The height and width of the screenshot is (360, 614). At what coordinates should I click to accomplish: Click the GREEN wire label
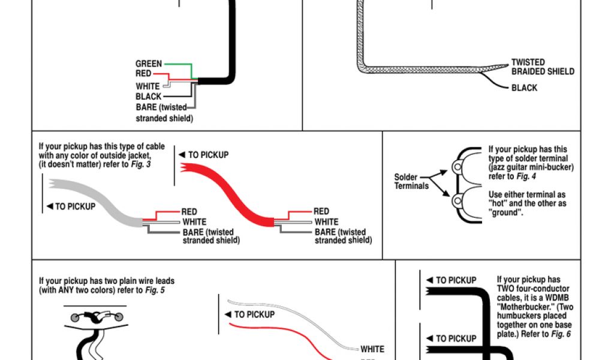149,64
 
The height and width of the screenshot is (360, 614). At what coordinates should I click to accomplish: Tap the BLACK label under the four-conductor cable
148,97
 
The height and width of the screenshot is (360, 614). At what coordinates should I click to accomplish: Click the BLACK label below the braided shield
524,88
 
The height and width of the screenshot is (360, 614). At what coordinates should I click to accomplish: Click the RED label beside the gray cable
189,212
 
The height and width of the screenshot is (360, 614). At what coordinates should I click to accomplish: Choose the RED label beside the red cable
321,212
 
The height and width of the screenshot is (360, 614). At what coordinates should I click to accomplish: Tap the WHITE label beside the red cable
327,222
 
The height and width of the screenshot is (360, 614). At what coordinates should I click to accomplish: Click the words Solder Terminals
411,181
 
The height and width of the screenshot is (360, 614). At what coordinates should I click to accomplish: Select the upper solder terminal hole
458,166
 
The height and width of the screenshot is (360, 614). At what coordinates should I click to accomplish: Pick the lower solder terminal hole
458,199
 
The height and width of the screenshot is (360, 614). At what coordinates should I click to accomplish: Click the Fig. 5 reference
155,290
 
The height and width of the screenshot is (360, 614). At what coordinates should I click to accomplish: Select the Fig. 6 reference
561,334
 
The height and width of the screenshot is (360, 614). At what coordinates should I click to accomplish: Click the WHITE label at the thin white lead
372,349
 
